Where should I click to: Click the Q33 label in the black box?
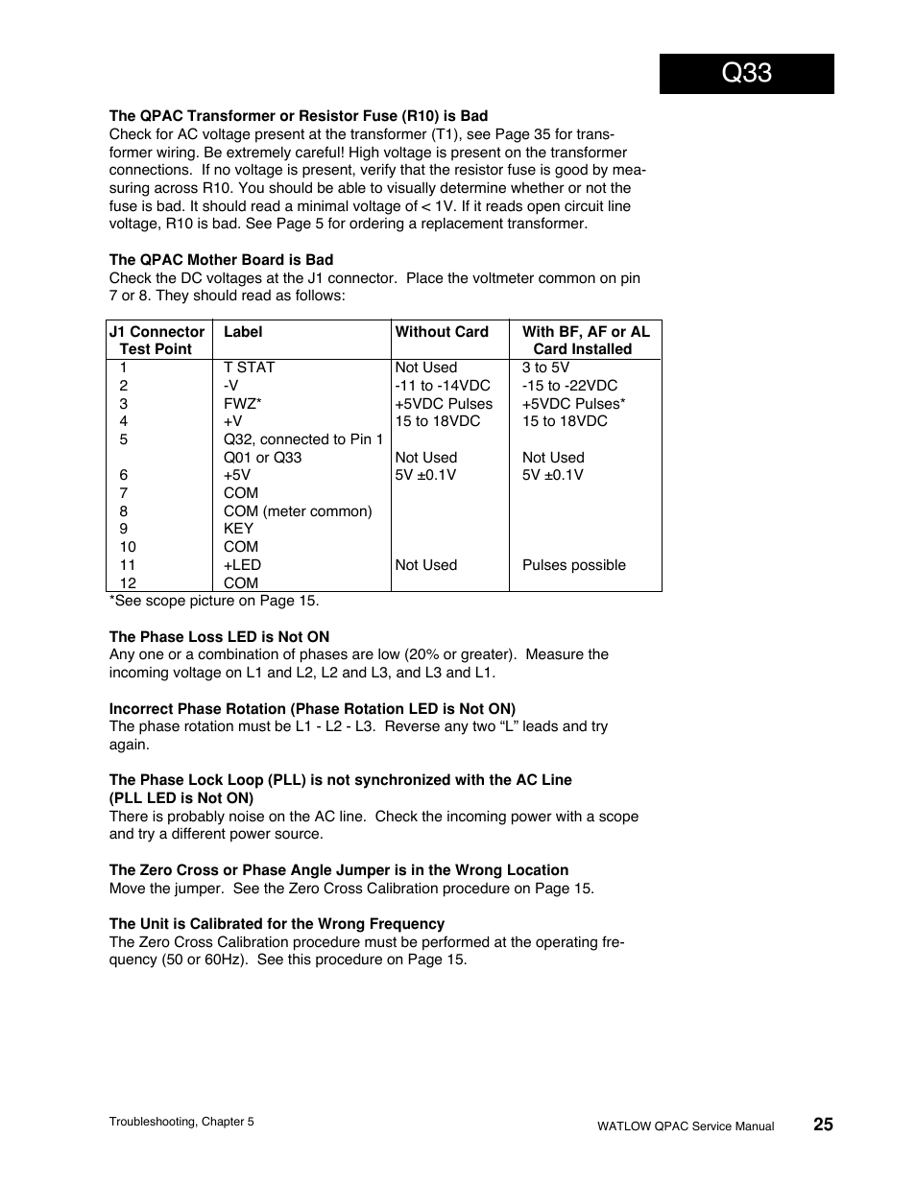(746, 73)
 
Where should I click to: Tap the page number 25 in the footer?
(823, 1125)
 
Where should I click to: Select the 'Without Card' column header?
(442, 332)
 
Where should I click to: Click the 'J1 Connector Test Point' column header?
(157, 341)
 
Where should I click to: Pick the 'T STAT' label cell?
(249, 367)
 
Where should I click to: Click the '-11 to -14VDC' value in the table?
(443, 386)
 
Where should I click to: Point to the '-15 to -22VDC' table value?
(569, 386)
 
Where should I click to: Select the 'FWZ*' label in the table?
(243, 404)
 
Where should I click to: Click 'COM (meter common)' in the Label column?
(298, 511)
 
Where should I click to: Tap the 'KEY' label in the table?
(238, 529)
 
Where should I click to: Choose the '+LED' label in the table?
(242, 565)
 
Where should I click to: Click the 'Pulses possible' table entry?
(573, 565)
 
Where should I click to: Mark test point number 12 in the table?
(128, 583)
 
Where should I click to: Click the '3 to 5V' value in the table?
(545, 367)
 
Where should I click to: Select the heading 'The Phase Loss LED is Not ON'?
(219, 637)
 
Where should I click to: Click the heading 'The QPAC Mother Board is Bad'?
(221, 260)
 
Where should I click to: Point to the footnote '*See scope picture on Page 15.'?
(213, 601)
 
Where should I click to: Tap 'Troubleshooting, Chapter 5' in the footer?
(181, 1122)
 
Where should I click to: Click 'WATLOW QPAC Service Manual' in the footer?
(685, 1126)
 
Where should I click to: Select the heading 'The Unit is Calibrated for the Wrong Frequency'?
(277, 924)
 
